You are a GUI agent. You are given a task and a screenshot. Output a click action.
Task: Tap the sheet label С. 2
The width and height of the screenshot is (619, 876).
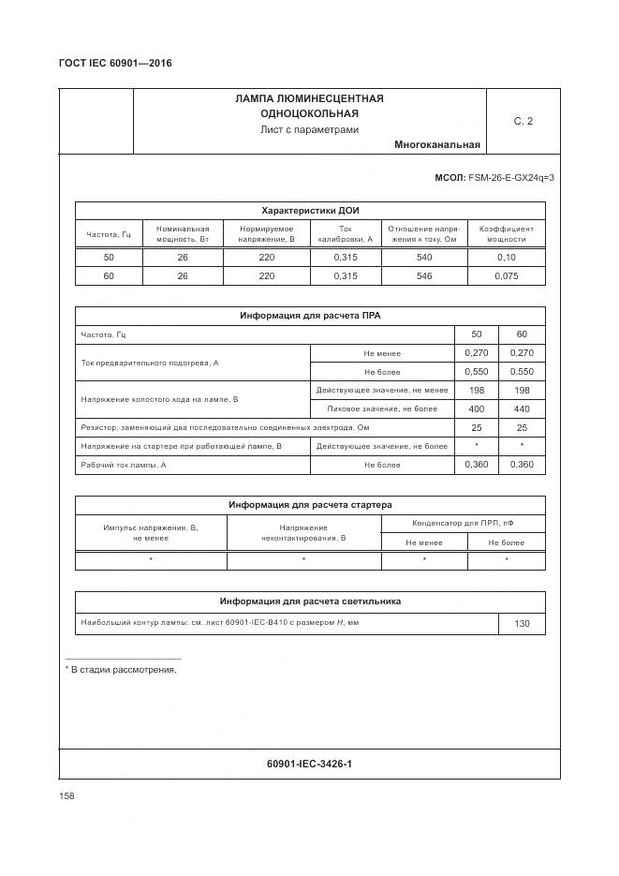coord(523,121)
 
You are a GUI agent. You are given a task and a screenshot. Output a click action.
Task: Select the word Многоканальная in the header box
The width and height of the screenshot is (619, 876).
coord(437,144)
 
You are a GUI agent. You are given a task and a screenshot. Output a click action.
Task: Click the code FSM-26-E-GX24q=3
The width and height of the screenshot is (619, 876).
coord(510,177)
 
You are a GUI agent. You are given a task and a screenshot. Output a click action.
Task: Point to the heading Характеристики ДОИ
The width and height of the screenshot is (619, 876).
coord(310,211)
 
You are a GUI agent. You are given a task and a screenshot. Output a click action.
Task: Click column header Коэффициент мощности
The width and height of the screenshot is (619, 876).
coord(506,233)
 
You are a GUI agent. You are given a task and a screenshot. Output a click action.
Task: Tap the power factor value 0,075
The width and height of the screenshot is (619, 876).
coord(506,276)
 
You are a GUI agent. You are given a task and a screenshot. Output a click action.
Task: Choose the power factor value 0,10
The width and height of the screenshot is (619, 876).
coord(506,258)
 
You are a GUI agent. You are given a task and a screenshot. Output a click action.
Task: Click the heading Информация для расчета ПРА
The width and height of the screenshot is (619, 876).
coord(310,316)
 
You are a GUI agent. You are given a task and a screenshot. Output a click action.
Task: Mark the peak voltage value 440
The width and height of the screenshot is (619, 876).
coord(522,409)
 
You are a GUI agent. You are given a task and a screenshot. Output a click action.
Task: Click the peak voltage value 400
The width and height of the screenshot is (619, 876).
coord(476,409)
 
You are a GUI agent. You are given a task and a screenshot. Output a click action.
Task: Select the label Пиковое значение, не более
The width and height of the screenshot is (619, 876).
coord(381,409)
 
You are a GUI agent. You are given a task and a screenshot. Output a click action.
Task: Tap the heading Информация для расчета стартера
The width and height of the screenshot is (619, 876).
coord(310,505)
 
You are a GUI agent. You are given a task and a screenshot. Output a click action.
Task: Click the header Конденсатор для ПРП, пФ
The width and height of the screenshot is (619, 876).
coord(463,523)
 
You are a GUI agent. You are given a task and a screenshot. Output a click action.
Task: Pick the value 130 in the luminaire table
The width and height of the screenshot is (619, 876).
coord(522,623)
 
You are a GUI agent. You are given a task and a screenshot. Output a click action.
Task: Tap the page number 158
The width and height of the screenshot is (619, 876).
coord(66,795)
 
